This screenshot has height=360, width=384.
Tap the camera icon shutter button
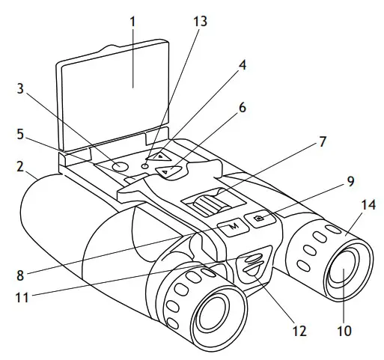260,218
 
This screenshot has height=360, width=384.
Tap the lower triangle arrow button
170,172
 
